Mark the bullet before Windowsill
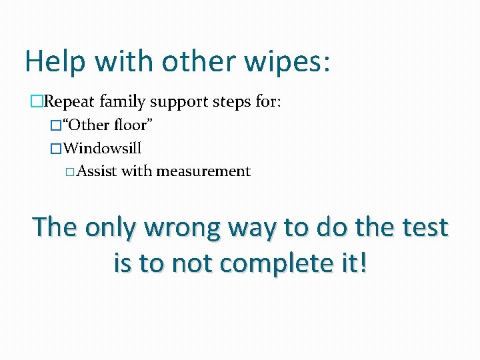(56, 148)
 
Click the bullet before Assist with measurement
(71, 172)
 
